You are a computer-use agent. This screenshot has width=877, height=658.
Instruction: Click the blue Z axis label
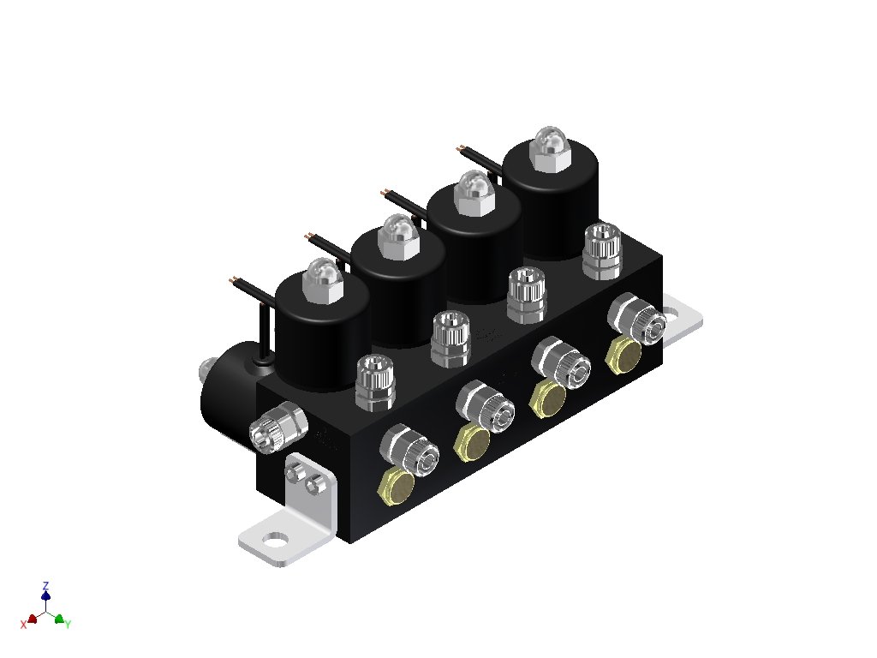tap(46, 586)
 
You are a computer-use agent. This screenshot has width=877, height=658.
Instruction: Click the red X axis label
tap(23, 625)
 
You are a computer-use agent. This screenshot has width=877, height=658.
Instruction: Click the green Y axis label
tap(69, 624)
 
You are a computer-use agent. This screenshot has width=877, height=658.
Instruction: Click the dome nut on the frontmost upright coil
tap(323, 280)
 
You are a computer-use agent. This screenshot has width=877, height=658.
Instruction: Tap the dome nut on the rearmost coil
tap(551, 149)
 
